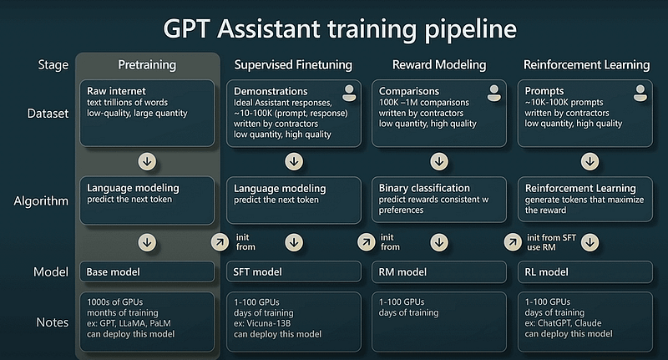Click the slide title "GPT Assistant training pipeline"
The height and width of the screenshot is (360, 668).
(340, 30)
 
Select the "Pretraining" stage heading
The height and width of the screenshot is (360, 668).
(147, 65)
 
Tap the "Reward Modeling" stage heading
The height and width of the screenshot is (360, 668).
(439, 65)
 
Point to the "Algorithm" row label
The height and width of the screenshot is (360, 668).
(41, 200)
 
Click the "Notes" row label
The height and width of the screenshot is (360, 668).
(53, 322)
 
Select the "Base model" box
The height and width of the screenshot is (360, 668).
(147, 271)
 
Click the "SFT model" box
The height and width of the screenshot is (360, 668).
(294, 271)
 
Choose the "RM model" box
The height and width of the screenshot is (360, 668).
(439, 271)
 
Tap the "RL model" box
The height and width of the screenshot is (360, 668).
(585, 271)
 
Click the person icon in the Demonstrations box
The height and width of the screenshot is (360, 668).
(349, 93)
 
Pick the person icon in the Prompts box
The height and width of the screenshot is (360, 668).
(640, 93)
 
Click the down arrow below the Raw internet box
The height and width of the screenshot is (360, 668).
(148, 161)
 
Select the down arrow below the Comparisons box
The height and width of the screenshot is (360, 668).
(439, 161)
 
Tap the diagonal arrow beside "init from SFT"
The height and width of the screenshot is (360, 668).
(513, 242)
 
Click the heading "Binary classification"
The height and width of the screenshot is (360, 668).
(424, 188)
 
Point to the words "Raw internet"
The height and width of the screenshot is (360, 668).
(116, 91)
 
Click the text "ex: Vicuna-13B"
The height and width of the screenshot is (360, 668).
(262, 323)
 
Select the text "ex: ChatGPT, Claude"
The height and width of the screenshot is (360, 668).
(563, 323)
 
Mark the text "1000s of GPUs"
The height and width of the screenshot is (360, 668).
(115, 302)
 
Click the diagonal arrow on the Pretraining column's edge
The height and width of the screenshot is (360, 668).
(220, 242)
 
